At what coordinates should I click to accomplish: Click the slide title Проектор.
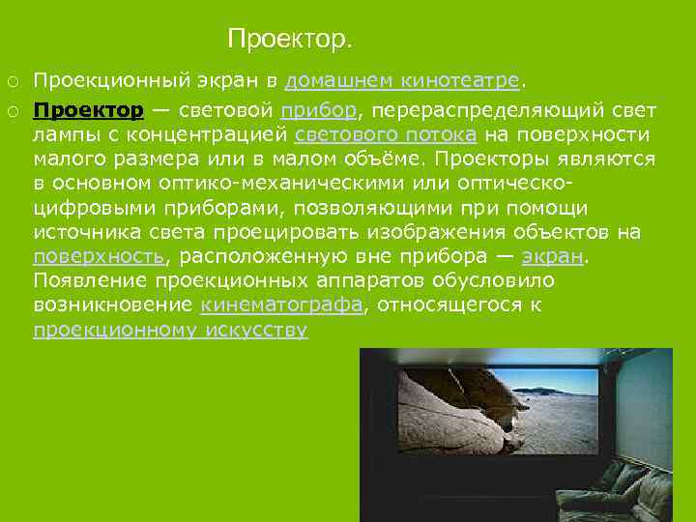pos(290,40)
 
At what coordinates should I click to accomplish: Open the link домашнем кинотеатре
pos(402,79)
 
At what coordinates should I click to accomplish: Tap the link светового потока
pos(385,134)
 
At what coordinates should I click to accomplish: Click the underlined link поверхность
pos(99,256)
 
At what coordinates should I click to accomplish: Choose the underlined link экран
pos(553,256)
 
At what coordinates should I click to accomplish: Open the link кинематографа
pos(281,305)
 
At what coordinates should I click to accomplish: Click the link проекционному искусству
pos(170,331)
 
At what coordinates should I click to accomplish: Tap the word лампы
pos(63,134)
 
